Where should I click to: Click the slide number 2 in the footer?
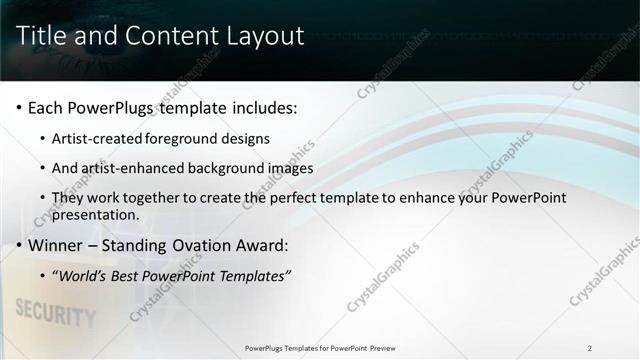tap(590, 348)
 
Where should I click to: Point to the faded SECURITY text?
tap(56, 314)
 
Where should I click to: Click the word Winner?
tap(56, 245)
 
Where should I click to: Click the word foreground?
tap(184, 138)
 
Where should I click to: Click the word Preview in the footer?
tap(382, 348)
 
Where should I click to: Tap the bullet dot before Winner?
tap(20, 246)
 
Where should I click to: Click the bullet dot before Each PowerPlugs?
tap(20, 108)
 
